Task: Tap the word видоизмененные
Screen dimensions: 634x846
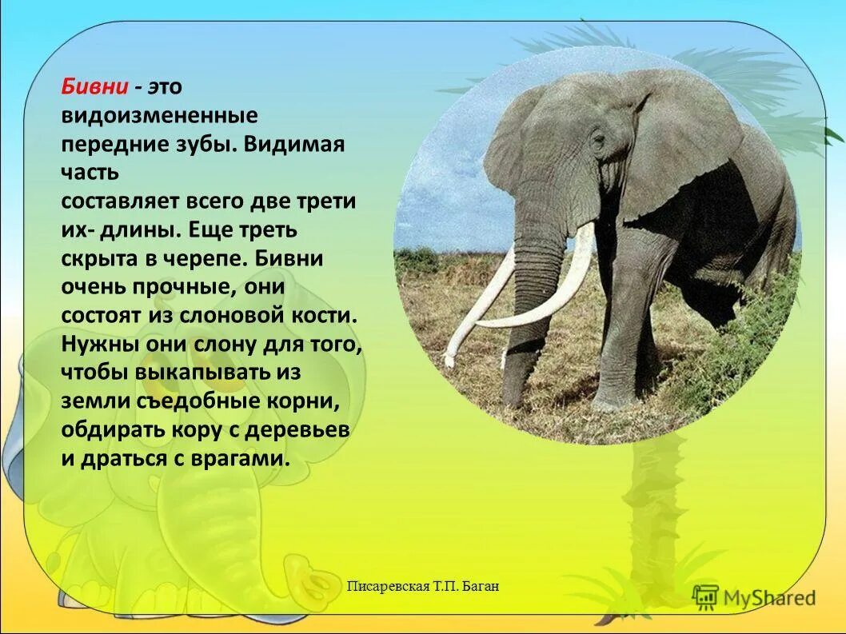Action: pos(159,116)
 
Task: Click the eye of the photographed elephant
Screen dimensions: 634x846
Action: pos(596,142)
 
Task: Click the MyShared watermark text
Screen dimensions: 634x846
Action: pos(768,597)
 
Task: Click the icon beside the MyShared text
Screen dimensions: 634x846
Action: pos(705,597)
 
